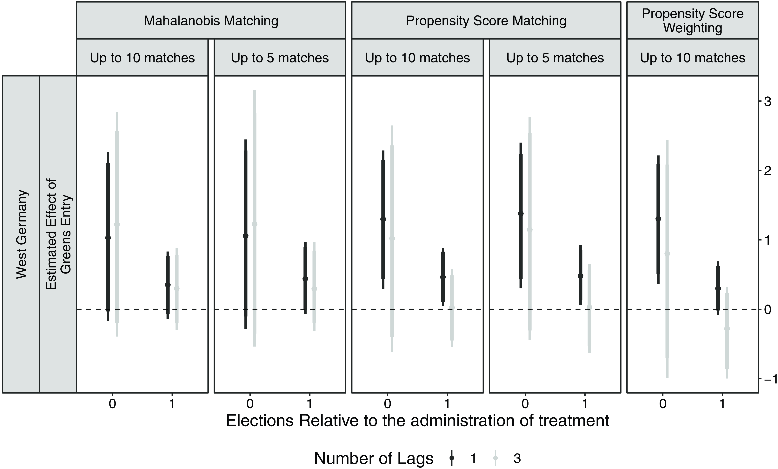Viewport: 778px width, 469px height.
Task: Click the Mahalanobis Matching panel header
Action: coord(211,21)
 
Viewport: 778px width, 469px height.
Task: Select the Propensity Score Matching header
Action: coord(486,21)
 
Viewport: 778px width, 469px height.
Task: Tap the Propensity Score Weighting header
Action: coord(692,21)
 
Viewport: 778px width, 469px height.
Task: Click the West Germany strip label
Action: coord(22,234)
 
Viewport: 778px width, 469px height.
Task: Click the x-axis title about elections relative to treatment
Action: coord(417,421)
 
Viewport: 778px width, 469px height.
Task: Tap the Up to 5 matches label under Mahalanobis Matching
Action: coord(280,58)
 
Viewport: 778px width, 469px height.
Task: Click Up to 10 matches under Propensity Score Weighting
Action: coord(692,58)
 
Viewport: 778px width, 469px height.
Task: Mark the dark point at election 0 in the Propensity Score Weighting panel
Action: coord(658,219)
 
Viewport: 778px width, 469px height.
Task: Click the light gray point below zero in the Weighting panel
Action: coord(727,329)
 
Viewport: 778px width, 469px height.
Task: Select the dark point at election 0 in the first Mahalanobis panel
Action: coord(108,238)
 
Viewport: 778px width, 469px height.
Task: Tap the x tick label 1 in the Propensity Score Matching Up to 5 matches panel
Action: coord(585,404)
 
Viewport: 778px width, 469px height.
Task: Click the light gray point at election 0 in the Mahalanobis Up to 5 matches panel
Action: coord(255,224)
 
